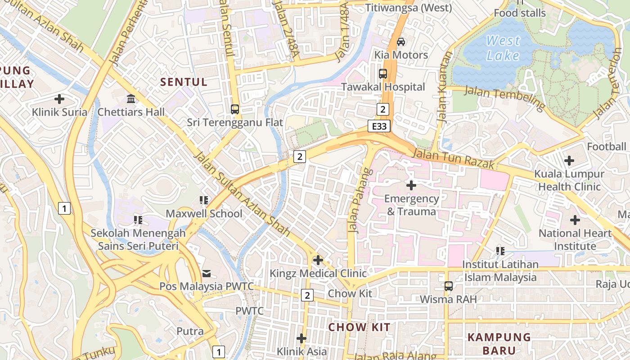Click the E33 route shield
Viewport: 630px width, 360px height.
point(379,126)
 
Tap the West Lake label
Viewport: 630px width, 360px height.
point(503,48)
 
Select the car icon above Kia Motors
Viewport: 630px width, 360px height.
point(401,42)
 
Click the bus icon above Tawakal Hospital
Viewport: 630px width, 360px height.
point(383,74)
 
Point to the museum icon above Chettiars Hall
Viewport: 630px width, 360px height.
point(131,99)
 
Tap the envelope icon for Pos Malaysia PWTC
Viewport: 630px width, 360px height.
point(206,273)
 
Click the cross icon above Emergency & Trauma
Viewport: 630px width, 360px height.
point(411,185)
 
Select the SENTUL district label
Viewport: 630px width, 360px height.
point(184,82)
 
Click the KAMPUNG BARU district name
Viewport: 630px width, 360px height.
point(499,343)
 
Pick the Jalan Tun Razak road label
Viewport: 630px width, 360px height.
point(453,158)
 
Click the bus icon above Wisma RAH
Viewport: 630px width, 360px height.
point(448,286)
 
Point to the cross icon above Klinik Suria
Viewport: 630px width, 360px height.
point(59,99)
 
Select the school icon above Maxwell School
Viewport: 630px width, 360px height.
point(204,200)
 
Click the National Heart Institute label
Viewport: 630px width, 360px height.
point(575,239)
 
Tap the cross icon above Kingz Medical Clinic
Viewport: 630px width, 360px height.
point(318,260)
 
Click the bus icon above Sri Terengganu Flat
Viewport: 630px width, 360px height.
point(234,109)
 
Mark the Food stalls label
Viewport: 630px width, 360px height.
point(520,13)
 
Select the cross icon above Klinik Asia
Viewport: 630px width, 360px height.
point(301,338)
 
